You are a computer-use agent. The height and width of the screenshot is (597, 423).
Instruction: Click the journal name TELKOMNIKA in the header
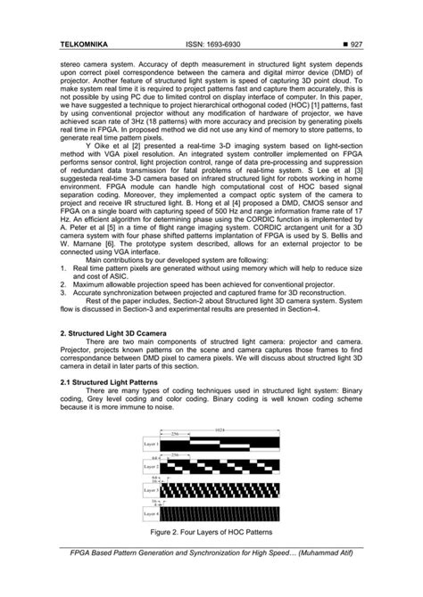pyautogui.click(x=87, y=44)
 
